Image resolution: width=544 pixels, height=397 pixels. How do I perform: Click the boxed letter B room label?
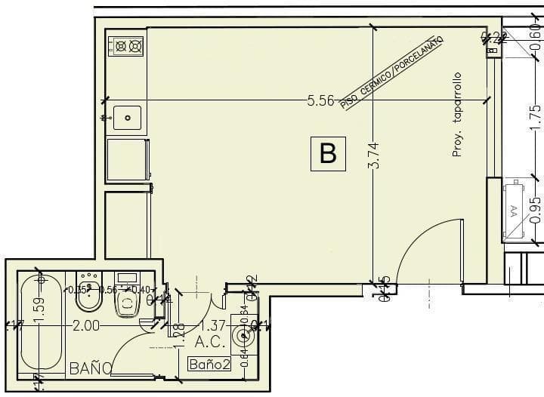pyautogui.click(x=328, y=153)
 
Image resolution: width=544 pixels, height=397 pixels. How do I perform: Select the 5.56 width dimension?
pyautogui.click(x=320, y=101)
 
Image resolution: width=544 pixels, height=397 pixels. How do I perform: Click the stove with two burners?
pyautogui.click(x=127, y=46)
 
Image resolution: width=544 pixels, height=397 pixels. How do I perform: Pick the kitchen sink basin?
pyautogui.click(x=127, y=118)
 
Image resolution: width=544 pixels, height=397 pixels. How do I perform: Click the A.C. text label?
pyautogui.click(x=211, y=343)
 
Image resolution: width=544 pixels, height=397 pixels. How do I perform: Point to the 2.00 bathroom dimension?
pyautogui.click(x=85, y=326)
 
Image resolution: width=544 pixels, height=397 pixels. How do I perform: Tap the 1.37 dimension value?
pyautogui.click(x=212, y=326)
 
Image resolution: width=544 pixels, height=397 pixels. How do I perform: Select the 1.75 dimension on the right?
pyautogui.click(x=535, y=118)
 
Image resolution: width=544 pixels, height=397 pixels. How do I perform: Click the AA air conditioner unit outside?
pyautogui.click(x=515, y=210)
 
